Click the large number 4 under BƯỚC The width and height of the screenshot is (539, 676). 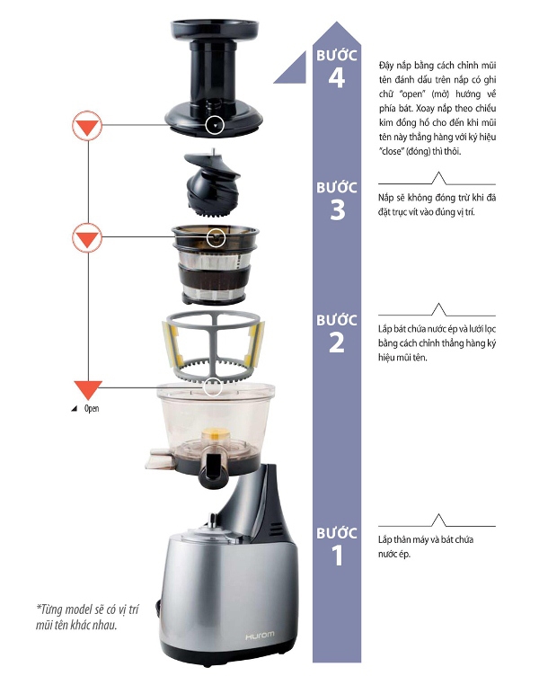coord(337,78)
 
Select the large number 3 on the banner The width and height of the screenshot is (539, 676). coord(338,210)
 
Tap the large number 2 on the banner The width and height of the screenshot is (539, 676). coord(337,342)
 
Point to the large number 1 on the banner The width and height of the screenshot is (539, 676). coord(338,556)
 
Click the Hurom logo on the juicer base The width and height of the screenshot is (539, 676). coord(260,636)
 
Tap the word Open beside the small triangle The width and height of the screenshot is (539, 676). coord(92,408)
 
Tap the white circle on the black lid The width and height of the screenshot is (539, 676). coord(215,126)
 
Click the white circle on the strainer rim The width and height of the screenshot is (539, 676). coord(216,237)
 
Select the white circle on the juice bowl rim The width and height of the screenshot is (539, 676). coord(212,387)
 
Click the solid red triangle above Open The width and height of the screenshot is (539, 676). coord(88,389)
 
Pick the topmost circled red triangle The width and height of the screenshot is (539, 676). coord(87,126)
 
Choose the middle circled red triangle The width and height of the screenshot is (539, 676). coord(87,237)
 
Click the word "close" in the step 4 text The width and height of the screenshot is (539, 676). coord(391,152)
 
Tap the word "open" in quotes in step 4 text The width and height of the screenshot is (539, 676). coord(411,94)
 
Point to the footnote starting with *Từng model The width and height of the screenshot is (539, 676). coord(87,617)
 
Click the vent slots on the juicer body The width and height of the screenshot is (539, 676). coord(274,529)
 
